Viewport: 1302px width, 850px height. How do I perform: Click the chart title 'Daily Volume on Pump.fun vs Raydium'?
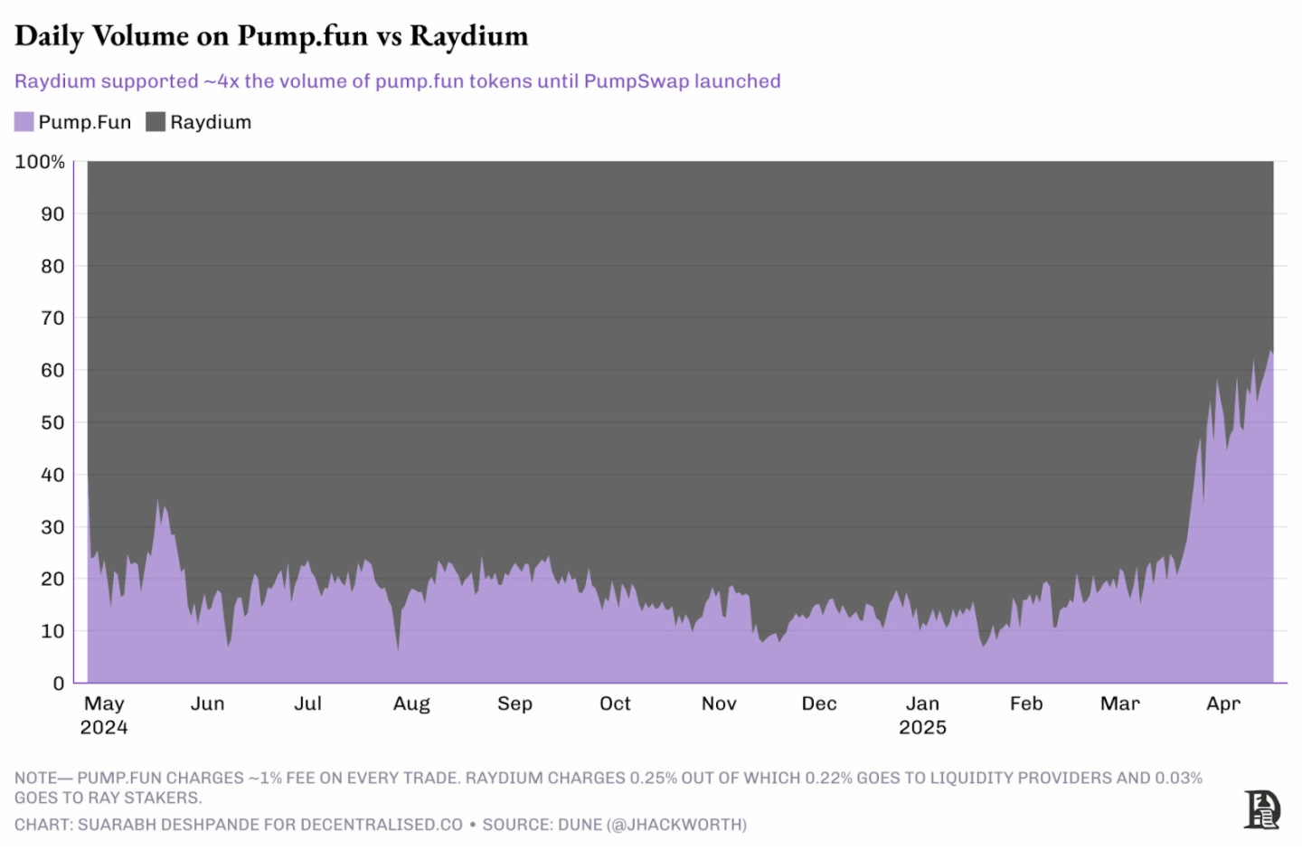pos(271,36)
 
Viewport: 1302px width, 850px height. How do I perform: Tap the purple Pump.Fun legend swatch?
pos(24,122)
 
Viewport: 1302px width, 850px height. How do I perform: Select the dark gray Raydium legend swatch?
pos(156,122)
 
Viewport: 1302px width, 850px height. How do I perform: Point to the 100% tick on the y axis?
pos(40,162)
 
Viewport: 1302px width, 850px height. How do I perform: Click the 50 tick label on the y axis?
pos(52,422)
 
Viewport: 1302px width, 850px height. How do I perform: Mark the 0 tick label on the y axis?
pos(59,684)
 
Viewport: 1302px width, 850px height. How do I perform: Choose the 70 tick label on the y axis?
pos(52,318)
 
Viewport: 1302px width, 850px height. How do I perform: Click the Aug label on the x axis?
pos(411,704)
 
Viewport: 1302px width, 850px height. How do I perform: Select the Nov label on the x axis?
pos(719,704)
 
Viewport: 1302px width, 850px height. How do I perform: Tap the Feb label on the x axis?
pos(1026,704)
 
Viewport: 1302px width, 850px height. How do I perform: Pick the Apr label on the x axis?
pos(1223,704)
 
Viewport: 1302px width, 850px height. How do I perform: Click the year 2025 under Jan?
pos(922,728)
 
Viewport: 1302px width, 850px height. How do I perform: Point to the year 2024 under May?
pos(104,728)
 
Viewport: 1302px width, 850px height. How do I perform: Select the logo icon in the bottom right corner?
pos(1262,809)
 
